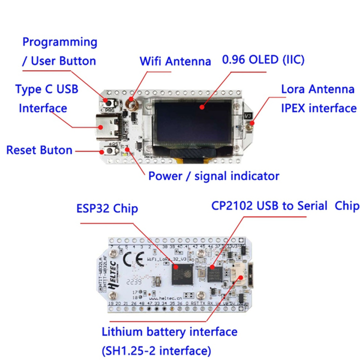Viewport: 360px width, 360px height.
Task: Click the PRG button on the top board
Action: coord(108,102)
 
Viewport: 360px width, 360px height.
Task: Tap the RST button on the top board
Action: coord(108,149)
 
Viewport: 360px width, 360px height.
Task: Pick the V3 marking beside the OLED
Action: coord(247,116)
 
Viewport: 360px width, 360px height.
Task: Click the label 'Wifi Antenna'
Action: coord(175,61)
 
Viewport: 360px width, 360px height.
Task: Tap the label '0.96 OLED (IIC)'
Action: coord(263,60)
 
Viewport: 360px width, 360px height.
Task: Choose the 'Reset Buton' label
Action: coord(39,150)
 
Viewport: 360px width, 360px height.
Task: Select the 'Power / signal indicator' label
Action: coord(213,175)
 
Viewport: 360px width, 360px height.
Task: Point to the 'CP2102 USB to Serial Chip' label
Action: coord(285,205)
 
